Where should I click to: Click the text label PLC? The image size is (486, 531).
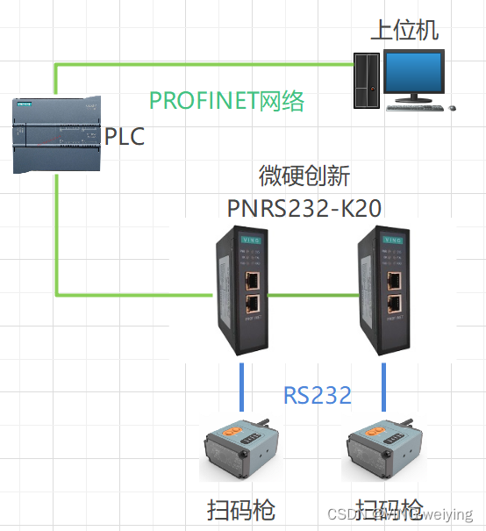[x=124, y=137]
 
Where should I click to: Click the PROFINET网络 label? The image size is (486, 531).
[x=226, y=101]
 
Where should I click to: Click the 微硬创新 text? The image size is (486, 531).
[x=304, y=176]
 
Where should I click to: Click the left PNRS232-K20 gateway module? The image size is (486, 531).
[x=242, y=290]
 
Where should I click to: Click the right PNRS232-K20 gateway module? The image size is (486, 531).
[x=383, y=290]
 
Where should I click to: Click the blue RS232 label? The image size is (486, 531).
[x=317, y=395]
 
